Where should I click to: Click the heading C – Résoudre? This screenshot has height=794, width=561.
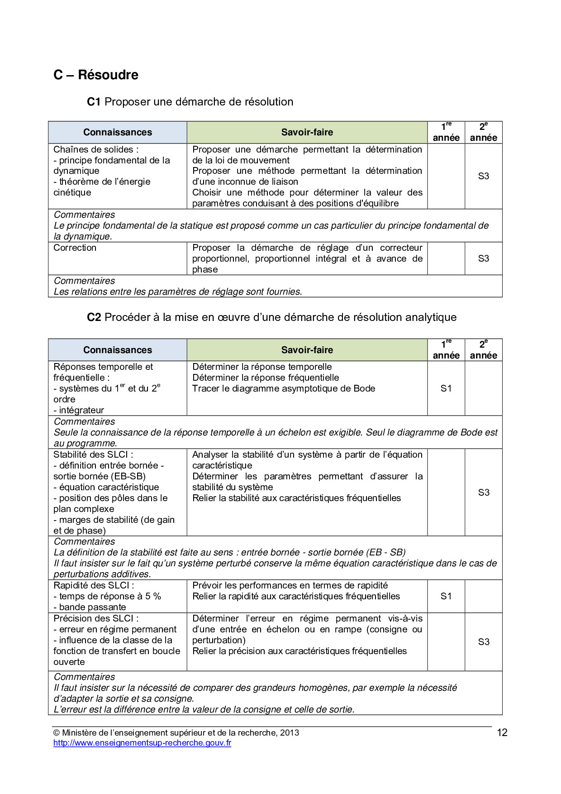(x=96, y=75)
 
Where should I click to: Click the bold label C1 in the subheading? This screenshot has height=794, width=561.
(x=93, y=102)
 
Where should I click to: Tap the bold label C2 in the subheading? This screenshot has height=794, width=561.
(x=94, y=317)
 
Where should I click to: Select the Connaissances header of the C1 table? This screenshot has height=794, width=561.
(x=118, y=132)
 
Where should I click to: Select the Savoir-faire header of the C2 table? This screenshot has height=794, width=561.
(x=307, y=350)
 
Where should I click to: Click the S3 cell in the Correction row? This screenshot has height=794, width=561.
(x=483, y=258)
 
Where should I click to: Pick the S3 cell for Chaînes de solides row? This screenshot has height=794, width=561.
(x=483, y=176)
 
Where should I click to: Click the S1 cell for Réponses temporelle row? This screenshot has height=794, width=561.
(x=446, y=388)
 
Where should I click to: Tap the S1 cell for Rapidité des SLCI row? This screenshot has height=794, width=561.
(x=446, y=596)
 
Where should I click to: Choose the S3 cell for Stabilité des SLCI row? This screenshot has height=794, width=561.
(x=483, y=493)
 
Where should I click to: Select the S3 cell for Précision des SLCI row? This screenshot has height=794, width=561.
(x=483, y=642)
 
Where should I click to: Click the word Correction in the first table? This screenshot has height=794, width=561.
(x=75, y=248)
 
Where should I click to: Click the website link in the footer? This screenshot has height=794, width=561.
(x=142, y=743)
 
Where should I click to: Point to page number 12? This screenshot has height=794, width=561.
(x=502, y=733)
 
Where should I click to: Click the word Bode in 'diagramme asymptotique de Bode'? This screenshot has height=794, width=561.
(x=364, y=388)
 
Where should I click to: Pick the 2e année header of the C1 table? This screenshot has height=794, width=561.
(x=483, y=132)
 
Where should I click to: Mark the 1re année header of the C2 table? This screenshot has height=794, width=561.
(x=446, y=350)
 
